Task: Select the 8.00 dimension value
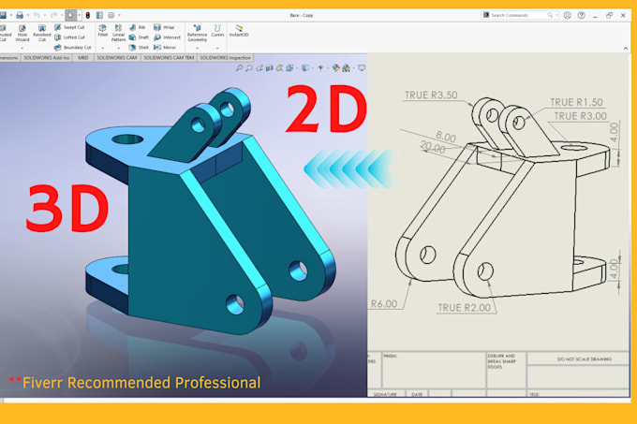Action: tap(448, 137)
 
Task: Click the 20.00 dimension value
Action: tap(434, 147)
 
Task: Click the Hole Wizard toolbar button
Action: tap(22, 34)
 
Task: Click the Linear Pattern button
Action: tap(118, 34)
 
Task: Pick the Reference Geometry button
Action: tap(197, 34)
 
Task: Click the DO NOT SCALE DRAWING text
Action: tap(579, 358)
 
